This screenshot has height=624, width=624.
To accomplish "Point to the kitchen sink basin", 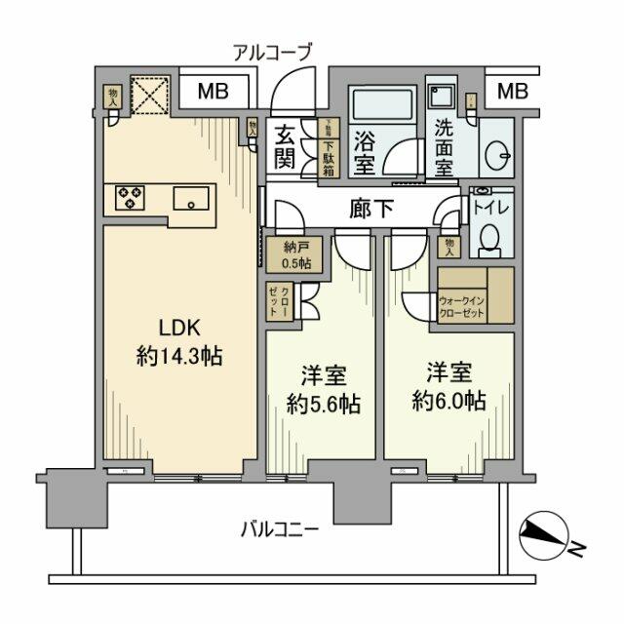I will pos(194,199).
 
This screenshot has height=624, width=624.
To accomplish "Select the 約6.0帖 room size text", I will pos(448,400).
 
